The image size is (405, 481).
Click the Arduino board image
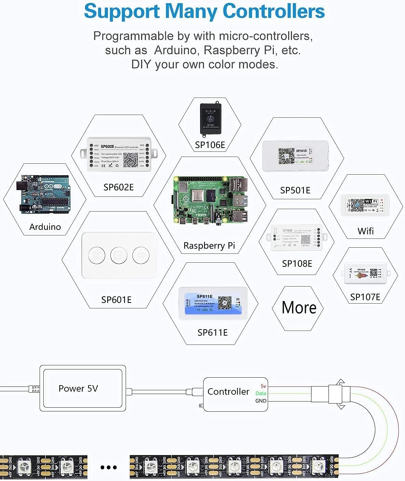point(43,195)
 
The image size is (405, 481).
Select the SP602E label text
point(118,187)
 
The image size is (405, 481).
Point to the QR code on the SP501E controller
point(286,156)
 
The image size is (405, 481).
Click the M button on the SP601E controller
point(97,255)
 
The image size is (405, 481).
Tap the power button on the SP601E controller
point(119,255)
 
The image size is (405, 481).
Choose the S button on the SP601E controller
point(141,255)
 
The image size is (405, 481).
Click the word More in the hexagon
point(299,308)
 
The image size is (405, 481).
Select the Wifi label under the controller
point(365,231)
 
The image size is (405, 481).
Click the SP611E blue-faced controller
point(213,303)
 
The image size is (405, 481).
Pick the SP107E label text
point(365,297)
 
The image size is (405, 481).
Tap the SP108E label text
point(297,263)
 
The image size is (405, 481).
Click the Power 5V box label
point(78,389)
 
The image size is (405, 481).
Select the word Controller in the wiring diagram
point(228,392)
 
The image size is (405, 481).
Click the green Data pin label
point(261,393)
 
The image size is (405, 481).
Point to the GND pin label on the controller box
point(261,401)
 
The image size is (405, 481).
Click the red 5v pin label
point(263,386)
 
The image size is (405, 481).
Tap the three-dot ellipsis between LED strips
point(109,467)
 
